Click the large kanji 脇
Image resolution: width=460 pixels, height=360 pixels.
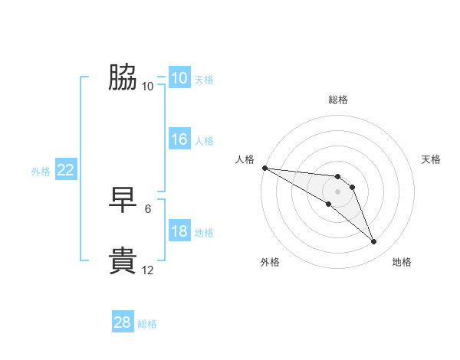pyautogui.click(x=123, y=78)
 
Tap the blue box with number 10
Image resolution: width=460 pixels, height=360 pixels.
pyautogui.click(x=179, y=78)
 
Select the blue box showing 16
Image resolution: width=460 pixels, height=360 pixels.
pyautogui.click(x=179, y=139)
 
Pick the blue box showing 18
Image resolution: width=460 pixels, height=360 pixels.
pyautogui.click(x=179, y=231)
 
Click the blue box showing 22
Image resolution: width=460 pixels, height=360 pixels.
pyautogui.click(x=65, y=170)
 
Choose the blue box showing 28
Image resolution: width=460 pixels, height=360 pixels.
pyautogui.click(x=123, y=322)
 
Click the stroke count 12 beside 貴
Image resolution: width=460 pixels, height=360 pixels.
pyautogui.click(x=148, y=270)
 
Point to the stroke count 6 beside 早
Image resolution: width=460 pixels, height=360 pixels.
pyautogui.click(x=148, y=208)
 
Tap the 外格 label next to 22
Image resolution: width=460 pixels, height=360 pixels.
pyautogui.click(x=41, y=172)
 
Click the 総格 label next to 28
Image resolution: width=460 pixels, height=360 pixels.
pyautogui.click(x=147, y=324)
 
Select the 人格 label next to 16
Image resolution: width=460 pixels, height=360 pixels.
pyautogui.click(x=204, y=141)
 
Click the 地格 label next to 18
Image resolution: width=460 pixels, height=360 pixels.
pyautogui.click(x=204, y=233)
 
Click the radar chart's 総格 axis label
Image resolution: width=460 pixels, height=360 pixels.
pyautogui.click(x=338, y=100)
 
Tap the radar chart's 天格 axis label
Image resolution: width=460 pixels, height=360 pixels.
pyautogui.click(x=432, y=159)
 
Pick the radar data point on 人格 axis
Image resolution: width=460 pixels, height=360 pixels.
pyautogui.click(x=264, y=168)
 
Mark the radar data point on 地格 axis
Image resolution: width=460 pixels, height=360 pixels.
pyautogui.click(x=374, y=242)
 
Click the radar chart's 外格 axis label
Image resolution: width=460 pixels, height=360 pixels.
pyautogui.click(x=270, y=262)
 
